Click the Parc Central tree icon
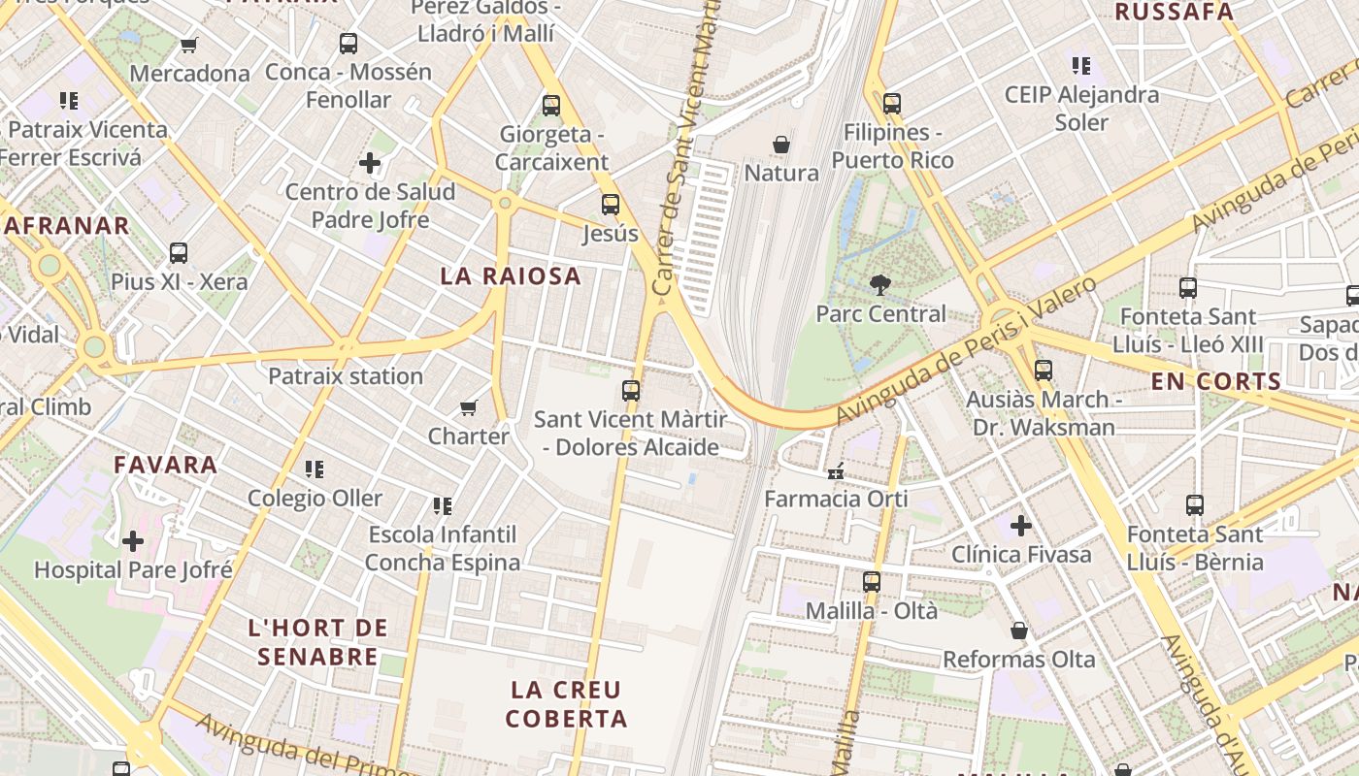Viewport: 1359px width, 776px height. (880, 285)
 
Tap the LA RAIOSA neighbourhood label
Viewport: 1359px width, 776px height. (511, 276)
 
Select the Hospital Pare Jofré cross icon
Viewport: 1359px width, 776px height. (133, 540)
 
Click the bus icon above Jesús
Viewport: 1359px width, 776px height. (610, 205)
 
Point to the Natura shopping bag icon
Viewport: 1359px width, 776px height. (781, 145)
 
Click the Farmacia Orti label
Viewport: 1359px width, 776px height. (836, 499)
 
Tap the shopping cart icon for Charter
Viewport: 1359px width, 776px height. (469, 407)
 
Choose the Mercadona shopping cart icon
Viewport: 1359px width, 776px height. (189, 45)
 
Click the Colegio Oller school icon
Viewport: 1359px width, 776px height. (315, 469)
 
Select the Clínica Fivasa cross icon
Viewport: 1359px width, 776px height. (1020, 526)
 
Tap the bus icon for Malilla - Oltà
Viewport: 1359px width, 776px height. (872, 582)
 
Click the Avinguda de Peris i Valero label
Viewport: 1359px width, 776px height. (966, 351)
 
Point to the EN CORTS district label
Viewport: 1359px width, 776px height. (1216, 382)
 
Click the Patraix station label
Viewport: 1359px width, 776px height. (346, 376)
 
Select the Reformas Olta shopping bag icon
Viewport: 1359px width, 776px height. (1019, 631)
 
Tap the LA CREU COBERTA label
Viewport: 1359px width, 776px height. (566, 704)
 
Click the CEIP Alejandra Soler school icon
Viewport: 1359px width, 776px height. (1081, 66)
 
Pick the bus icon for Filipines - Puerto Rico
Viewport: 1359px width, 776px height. (892, 103)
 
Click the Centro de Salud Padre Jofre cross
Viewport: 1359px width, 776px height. (370, 163)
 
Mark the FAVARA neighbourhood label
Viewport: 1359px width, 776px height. (165, 465)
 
